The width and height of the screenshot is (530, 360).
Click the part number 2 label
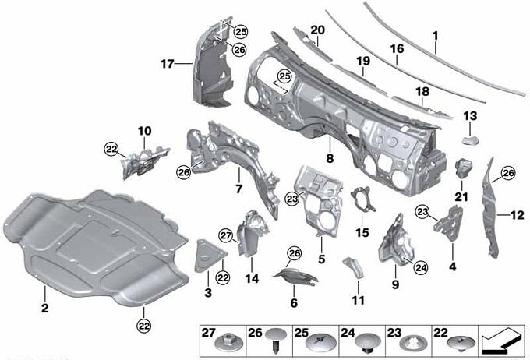click(x=44, y=308)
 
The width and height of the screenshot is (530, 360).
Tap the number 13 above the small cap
click(x=470, y=116)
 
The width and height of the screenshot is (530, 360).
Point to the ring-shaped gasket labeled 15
click(x=362, y=199)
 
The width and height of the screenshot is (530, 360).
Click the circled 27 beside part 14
click(x=226, y=235)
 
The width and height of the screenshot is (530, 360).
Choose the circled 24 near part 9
click(x=420, y=268)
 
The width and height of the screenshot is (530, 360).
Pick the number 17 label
click(x=167, y=64)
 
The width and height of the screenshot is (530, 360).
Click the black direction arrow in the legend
click(x=500, y=341)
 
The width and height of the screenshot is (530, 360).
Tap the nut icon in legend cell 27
click(x=230, y=342)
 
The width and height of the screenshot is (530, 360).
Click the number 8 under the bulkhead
click(x=330, y=158)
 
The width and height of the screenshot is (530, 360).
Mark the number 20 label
click(x=317, y=30)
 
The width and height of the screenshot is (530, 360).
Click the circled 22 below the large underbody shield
click(x=143, y=326)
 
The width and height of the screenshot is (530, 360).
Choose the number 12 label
click(x=518, y=214)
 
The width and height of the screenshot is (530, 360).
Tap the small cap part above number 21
click(x=465, y=168)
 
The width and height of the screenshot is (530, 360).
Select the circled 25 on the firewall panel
click(x=284, y=76)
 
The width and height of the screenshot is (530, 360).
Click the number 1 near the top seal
click(x=436, y=36)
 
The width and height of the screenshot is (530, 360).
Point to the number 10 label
click(x=144, y=131)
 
